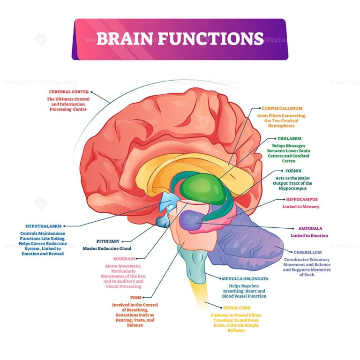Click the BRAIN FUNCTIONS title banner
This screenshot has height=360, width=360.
pyautogui.click(x=180, y=39)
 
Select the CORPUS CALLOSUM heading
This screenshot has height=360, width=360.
pyautogui.click(x=282, y=108)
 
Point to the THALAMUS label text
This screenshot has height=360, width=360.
pyautogui.click(x=289, y=139)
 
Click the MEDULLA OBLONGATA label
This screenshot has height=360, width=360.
pyautogui.click(x=248, y=278)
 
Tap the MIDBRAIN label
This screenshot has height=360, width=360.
pyautogui.click(x=123, y=258)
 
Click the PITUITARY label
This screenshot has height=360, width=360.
pyautogui.click(x=107, y=241)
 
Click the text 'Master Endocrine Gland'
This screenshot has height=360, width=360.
pyautogui.click(x=107, y=248)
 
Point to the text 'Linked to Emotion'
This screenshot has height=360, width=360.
pyautogui.click(x=309, y=235)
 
